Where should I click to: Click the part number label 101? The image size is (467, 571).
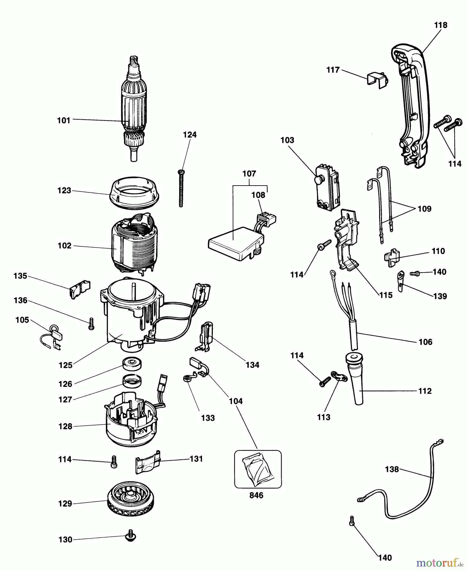[63, 121]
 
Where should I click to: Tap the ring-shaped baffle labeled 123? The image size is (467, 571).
[134, 193]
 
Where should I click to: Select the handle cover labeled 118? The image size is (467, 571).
[411, 104]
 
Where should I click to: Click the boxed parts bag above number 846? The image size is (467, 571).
[258, 469]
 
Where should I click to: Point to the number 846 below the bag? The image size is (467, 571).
[256, 495]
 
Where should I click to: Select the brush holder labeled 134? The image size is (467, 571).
[206, 337]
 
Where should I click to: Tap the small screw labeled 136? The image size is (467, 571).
[91, 324]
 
